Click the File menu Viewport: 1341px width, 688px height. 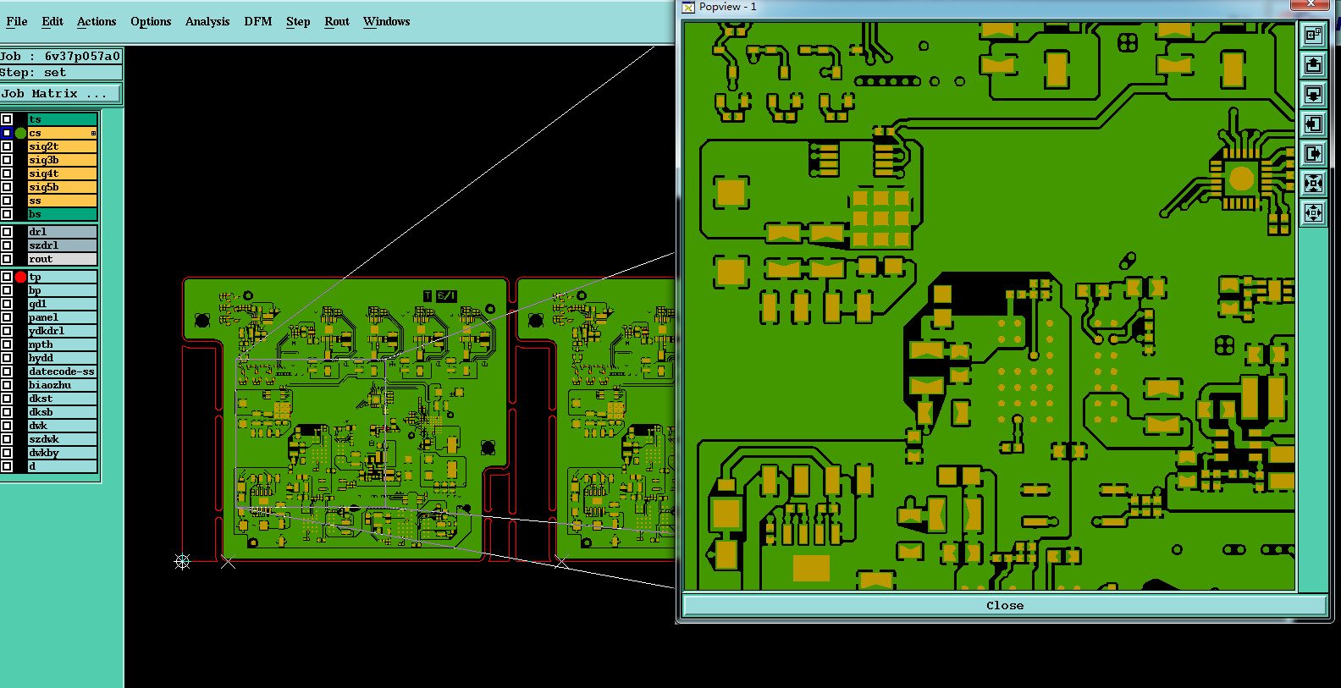(x=17, y=21)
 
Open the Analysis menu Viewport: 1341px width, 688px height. (x=207, y=21)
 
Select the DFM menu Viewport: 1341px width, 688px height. (x=258, y=21)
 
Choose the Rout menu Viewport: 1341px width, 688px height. (x=337, y=21)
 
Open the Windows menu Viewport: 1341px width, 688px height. (x=386, y=21)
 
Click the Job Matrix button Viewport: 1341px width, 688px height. (x=60, y=93)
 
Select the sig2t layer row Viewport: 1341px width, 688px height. (x=63, y=146)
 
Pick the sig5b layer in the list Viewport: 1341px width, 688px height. (x=63, y=187)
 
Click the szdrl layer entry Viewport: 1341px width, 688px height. (x=63, y=245)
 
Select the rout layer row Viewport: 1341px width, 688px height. (x=63, y=259)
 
